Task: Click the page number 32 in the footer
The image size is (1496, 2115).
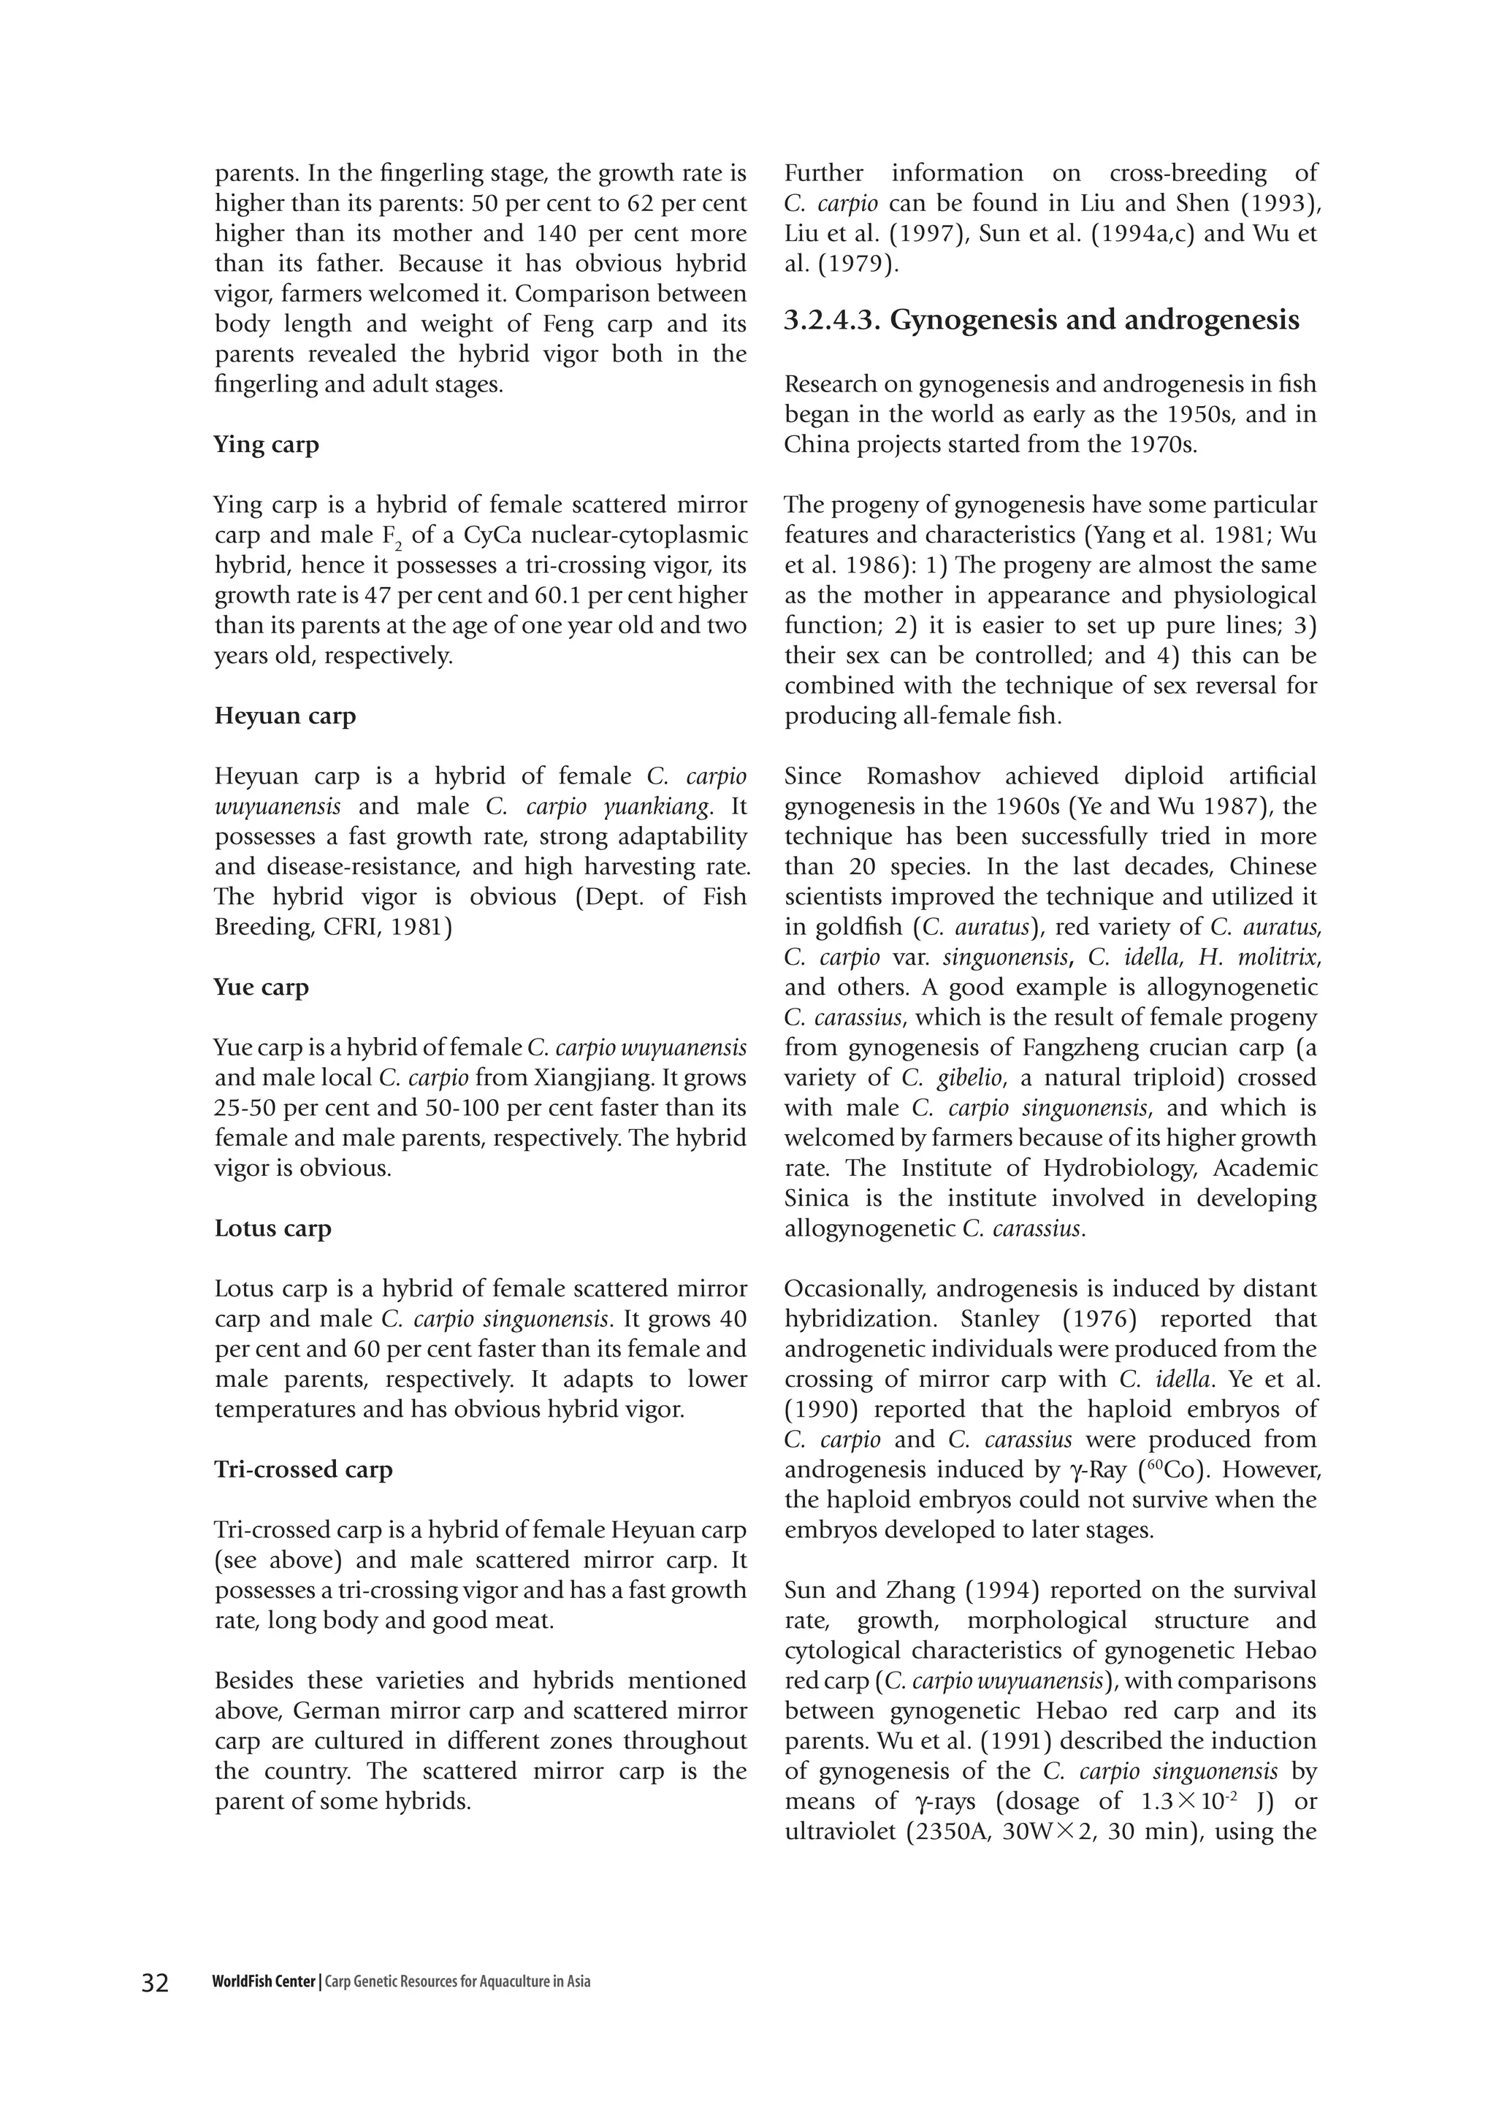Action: pyautogui.click(x=156, y=1982)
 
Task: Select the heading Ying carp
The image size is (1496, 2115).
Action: pyautogui.click(x=266, y=445)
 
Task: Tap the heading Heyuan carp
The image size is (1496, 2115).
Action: pyautogui.click(x=285, y=716)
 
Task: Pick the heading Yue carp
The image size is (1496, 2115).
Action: pyautogui.click(x=262, y=987)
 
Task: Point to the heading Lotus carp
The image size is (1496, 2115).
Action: pyautogui.click(x=272, y=1229)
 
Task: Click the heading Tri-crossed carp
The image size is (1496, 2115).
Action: pyautogui.click(x=303, y=1469)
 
